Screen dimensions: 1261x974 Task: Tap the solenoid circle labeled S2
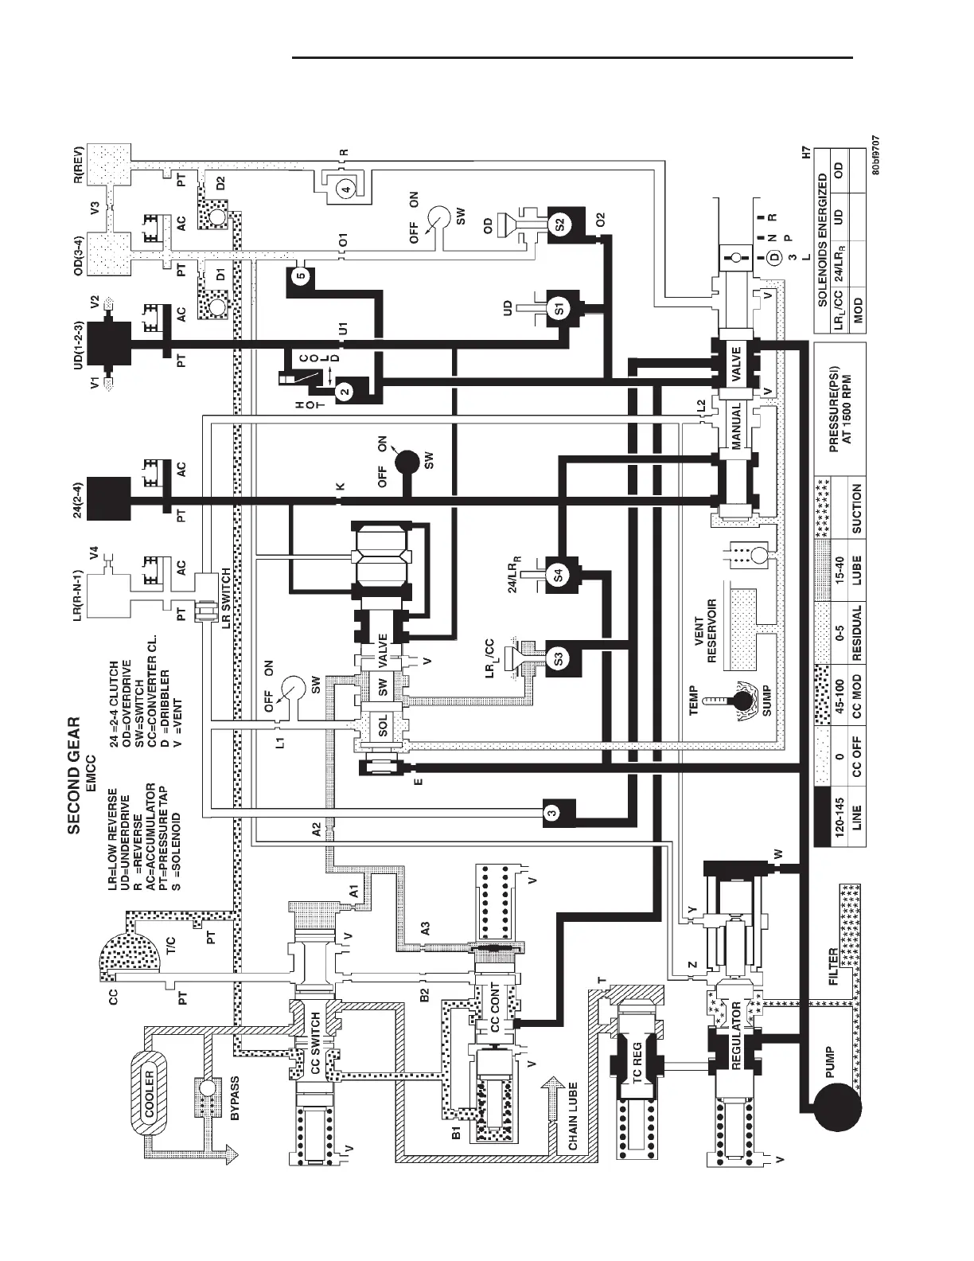click(x=559, y=224)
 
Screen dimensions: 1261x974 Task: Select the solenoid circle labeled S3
click(x=559, y=658)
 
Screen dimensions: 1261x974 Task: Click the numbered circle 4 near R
click(x=345, y=189)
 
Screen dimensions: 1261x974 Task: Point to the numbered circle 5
click(x=299, y=276)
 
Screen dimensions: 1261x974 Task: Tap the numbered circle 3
click(x=553, y=813)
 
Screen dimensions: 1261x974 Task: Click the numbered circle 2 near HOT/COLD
click(x=344, y=391)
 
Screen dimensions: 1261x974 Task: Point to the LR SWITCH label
click(x=227, y=598)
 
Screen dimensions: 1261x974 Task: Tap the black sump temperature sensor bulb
click(x=745, y=701)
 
